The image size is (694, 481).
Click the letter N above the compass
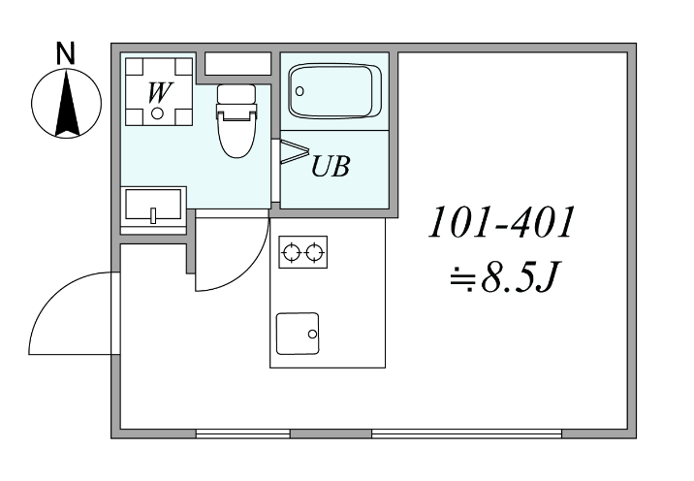tap(65, 54)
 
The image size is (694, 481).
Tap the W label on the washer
tap(156, 93)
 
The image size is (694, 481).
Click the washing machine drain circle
tap(157, 113)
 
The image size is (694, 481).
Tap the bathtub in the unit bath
tap(332, 92)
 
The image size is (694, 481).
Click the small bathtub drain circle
tap(300, 92)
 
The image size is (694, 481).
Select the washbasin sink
tap(153, 207)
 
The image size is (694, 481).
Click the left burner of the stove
tap(292, 253)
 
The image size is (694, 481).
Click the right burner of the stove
tap(314, 253)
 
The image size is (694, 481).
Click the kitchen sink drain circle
tap(312, 335)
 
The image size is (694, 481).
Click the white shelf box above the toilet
tap(237, 65)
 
